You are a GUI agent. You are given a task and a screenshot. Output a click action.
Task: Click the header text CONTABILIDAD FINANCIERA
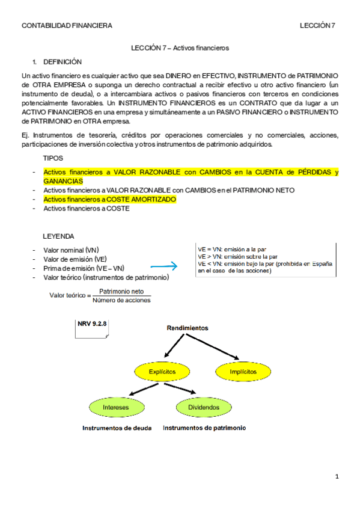(67, 25)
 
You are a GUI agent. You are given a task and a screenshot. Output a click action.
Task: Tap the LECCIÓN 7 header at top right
(317, 25)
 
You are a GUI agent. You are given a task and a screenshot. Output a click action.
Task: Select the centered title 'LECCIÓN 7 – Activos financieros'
(180, 48)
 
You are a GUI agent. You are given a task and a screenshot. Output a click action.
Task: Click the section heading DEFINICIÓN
(63, 62)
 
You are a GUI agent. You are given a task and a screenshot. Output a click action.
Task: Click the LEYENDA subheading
(58, 236)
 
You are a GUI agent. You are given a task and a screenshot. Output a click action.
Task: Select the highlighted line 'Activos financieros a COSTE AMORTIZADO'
(110, 199)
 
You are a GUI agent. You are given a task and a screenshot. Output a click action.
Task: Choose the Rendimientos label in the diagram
(187, 328)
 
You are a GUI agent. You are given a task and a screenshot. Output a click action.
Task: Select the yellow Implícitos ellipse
(243, 372)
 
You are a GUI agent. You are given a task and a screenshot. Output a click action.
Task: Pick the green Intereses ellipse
(115, 407)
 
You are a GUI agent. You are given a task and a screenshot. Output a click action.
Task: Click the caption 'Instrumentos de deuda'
(117, 428)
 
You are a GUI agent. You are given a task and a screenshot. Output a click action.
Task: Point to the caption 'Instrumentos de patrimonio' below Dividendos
(204, 428)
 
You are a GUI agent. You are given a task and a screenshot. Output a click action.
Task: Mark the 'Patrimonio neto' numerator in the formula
(125, 292)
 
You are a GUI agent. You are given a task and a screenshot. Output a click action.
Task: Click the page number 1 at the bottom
(337, 477)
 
